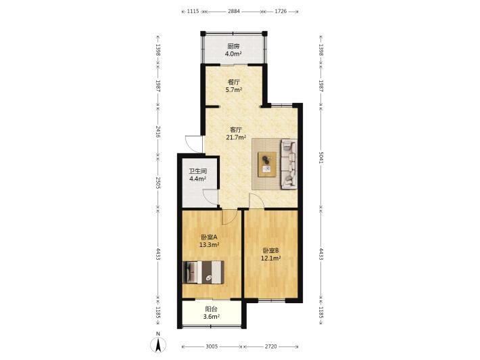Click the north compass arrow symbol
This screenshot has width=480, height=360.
pos(158,345)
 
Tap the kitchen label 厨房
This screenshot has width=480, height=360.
pos(233,47)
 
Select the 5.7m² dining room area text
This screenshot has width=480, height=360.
pos(233,90)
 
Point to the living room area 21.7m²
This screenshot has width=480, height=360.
pos(236,137)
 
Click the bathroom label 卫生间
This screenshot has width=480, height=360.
pos(198,171)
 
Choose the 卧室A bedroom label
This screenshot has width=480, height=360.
pos(209,237)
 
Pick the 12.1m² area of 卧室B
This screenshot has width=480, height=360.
pos(271,258)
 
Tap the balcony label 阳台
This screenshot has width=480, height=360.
pos(211,309)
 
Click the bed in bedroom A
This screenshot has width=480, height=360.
pos(203,272)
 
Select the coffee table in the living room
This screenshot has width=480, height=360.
pos(267,164)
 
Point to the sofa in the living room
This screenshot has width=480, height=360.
pos(289,164)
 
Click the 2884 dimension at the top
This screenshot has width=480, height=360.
pos(234,12)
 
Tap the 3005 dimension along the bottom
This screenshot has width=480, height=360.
pos(212,346)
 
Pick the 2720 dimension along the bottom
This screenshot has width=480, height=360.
pos(270,346)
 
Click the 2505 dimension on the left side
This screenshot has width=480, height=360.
pos(158,183)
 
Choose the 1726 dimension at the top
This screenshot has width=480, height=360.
pos(281,12)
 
